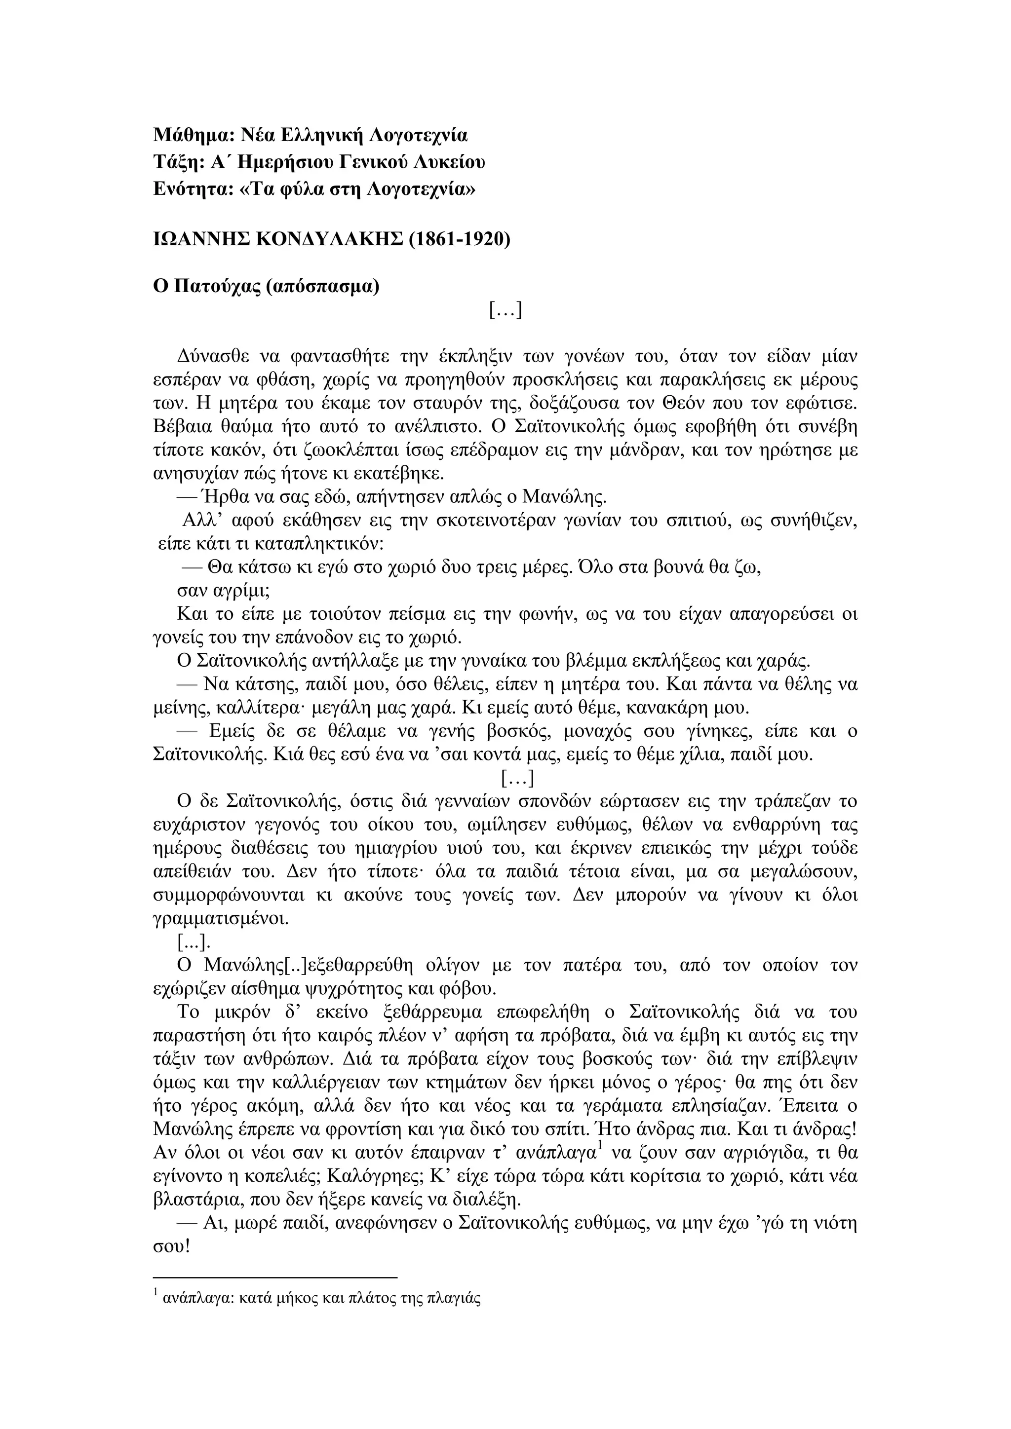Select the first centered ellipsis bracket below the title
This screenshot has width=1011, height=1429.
tap(505, 309)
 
